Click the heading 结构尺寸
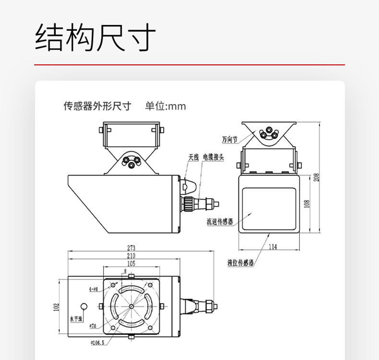coord(95,37)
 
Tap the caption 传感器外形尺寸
coord(97,106)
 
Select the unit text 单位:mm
coord(165,106)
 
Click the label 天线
coord(193,156)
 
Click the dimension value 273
coord(131,248)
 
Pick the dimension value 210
coord(131,256)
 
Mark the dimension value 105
coord(131,264)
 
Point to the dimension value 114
coord(272,247)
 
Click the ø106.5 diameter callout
coord(98,343)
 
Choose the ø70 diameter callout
coord(93,326)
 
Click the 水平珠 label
coord(76,318)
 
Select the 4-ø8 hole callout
coord(93,289)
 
